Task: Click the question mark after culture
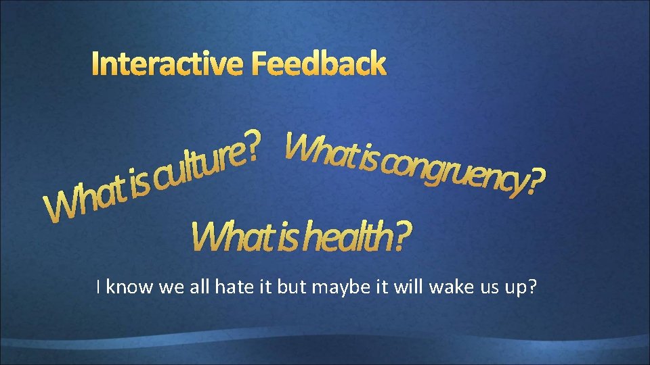[252, 144]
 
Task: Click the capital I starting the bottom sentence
[100, 287]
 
